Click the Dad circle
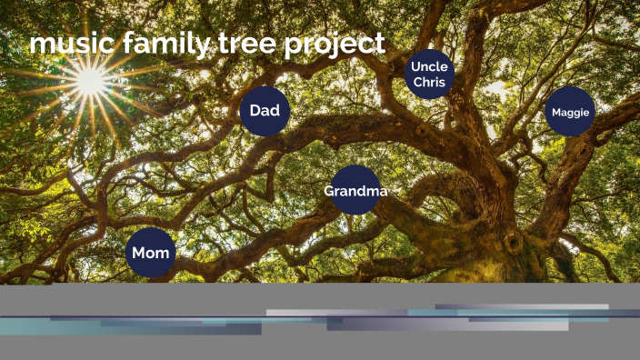265,112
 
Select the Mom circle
151,253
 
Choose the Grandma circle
355,191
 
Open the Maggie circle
570,112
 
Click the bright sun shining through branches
90,81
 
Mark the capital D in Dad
255,112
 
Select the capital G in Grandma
330,191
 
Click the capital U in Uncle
415,66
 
